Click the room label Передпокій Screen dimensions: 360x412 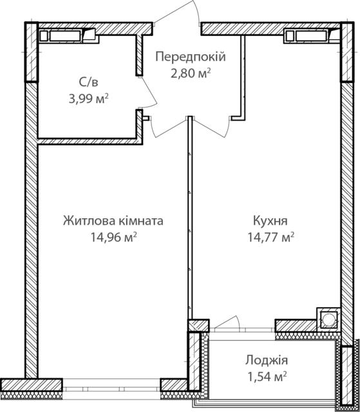tap(191, 57)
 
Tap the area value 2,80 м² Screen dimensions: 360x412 tap(191, 73)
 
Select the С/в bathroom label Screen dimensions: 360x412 tap(89, 82)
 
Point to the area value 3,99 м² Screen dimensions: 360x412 tap(89, 99)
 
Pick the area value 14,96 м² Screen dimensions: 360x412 tap(113, 238)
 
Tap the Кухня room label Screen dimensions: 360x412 tap(270, 221)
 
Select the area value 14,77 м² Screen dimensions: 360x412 tap(270, 238)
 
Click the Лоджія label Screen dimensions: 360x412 tap(267, 360)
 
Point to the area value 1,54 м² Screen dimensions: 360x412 tap(267, 377)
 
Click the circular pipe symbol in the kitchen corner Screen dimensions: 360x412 tap(328, 320)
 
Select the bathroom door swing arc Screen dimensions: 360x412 tap(150, 92)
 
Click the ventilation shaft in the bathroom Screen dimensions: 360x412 tap(68, 36)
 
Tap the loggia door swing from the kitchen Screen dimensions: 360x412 tap(227, 322)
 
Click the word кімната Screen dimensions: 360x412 tap(141, 221)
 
